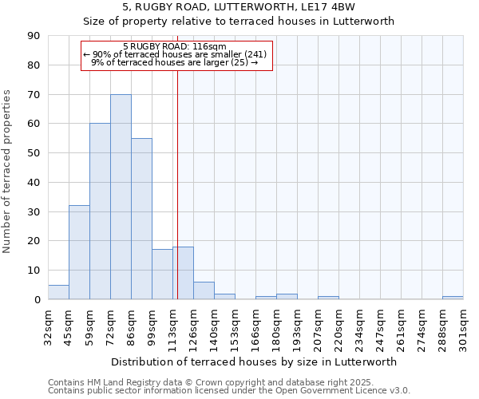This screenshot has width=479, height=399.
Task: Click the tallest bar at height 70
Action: pos(121,196)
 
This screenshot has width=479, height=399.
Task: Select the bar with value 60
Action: pos(100,211)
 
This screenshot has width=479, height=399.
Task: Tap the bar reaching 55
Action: pos(141,219)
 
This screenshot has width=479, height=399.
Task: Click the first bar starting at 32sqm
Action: pos(58,292)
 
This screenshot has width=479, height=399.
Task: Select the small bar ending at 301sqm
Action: pos(453,298)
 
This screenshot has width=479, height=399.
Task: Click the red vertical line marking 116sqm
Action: pos(177,184)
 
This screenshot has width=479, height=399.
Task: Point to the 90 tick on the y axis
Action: pos(34,36)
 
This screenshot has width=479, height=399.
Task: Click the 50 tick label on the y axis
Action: pos(34,153)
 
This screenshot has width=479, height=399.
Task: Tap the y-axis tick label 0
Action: pos(37,300)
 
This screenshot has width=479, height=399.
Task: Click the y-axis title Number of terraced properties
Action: pos(7,172)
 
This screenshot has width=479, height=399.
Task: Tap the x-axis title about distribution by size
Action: pos(253,361)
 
